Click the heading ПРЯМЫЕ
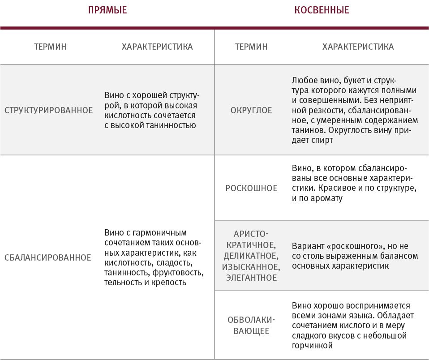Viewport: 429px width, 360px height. (107, 10)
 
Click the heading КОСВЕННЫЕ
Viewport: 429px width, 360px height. (322, 10)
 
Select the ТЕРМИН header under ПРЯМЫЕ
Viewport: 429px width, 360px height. (50, 47)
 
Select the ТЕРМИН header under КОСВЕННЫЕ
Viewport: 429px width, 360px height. (251, 47)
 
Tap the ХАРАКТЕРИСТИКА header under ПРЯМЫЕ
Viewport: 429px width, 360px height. (157, 47)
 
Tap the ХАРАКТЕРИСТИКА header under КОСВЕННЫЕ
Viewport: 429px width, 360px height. (358, 47)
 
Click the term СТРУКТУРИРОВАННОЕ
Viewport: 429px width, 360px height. (48, 110)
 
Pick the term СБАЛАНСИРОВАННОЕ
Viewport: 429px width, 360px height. (47, 257)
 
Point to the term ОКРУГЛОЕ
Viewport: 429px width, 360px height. (251, 110)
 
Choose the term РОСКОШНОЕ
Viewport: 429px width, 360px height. (251, 188)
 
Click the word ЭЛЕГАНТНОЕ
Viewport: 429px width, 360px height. (251, 278)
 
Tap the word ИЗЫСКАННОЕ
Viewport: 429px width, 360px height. (251, 267)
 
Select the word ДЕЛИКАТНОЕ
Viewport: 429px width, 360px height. (251, 256)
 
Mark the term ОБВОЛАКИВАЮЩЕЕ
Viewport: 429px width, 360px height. (251, 326)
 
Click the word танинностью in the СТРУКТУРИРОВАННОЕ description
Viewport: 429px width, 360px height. (172, 125)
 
